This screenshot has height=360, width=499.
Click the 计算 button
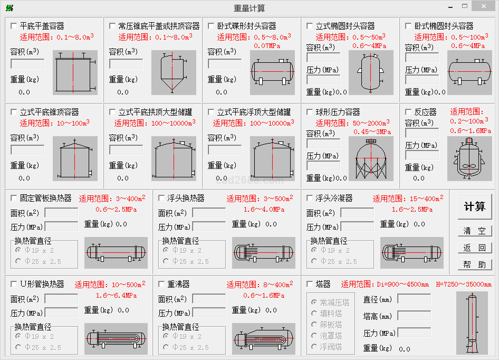(474, 207)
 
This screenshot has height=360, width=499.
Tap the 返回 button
(474, 248)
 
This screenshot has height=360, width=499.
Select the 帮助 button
(474, 264)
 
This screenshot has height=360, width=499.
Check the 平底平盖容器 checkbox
(14, 26)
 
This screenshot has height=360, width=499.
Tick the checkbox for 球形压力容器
(310, 112)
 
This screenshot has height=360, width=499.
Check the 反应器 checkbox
(408, 112)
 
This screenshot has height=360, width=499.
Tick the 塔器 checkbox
(310, 284)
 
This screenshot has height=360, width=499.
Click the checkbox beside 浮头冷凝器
(310, 198)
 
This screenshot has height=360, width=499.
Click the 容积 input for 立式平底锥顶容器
(27, 149)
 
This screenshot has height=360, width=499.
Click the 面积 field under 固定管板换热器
(61, 213)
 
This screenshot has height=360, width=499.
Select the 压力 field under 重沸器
(209, 313)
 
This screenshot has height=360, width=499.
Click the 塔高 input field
(414, 316)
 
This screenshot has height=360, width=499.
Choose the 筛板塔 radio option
(315, 325)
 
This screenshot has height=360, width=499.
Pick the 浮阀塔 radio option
(315, 347)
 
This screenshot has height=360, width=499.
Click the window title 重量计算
(249, 8)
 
